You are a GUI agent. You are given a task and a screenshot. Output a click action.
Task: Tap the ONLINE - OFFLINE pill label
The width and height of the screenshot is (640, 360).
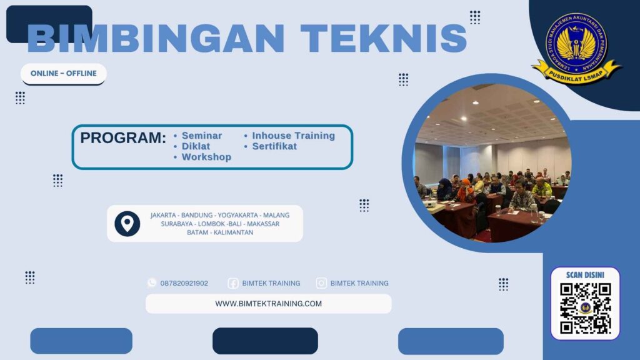point(64,74)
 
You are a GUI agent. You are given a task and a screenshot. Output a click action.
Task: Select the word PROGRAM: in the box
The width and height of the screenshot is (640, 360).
point(123,138)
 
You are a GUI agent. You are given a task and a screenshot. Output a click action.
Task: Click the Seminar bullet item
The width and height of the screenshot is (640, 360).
point(201,136)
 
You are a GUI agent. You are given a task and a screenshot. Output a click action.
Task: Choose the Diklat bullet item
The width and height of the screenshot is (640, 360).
point(196,146)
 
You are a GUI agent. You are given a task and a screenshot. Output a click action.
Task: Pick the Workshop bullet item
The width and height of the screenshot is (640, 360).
point(206,157)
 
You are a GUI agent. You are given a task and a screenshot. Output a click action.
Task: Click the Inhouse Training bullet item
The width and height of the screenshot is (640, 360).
point(293,136)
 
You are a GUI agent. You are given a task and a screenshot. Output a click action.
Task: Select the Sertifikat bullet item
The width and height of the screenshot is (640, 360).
point(274,146)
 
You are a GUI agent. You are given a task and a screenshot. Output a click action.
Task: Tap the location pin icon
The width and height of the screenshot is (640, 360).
point(127,223)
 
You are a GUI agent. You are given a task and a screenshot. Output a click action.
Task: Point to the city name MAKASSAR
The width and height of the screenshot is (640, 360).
point(263,224)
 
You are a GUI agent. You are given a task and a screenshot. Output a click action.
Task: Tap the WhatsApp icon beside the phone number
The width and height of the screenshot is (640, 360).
point(152,283)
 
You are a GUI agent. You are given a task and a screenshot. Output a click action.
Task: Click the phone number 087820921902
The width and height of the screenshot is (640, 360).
point(184,283)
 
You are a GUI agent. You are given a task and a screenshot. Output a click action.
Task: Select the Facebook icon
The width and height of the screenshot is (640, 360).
point(233,283)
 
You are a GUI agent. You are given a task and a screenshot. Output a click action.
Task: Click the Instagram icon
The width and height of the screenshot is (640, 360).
point(321,283)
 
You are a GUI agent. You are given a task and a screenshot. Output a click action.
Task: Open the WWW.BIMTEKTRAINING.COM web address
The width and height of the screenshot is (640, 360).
point(268,304)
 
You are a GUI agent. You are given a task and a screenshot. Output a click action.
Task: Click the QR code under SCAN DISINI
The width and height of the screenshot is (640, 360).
point(585,308)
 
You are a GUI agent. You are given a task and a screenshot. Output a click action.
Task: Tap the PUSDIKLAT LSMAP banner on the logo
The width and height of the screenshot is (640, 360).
point(576,72)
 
